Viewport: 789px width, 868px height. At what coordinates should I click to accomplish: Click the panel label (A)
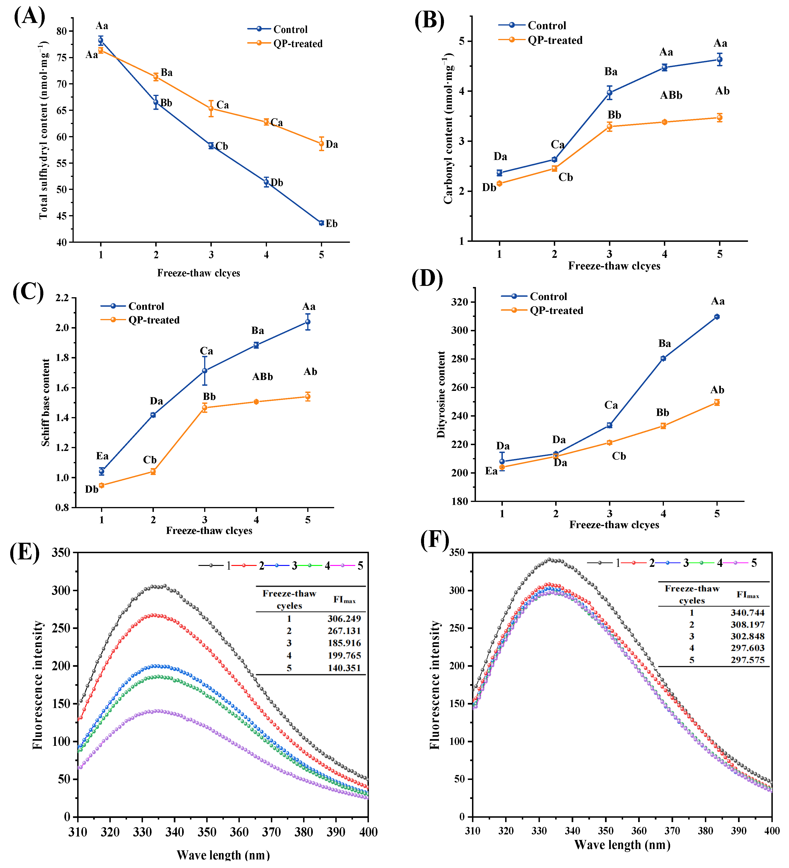tap(29, 17)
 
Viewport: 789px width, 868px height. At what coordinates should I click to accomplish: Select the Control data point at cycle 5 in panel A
tap(321, 223)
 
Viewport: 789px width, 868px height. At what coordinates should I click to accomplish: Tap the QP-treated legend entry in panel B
tap(555, 40)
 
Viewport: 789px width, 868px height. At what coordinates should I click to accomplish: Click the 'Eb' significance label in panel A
tap(331, 223)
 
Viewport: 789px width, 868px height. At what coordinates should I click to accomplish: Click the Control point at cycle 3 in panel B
tap(609, 93)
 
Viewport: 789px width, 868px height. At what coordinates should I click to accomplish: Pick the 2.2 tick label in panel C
tap(62, 298)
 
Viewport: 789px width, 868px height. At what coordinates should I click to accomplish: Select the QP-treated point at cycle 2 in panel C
tap(153, 472)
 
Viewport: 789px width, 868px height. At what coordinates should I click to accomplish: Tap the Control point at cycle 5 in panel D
tap(717, 317)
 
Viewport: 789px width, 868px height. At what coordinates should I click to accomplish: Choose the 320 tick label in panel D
tap(459, 302)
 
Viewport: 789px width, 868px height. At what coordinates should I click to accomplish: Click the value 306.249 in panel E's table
tap(344, 619)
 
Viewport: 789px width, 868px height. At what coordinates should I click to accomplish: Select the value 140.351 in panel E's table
tap(344, 668)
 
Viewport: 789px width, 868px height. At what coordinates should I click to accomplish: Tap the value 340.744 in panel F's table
tap(747, 613)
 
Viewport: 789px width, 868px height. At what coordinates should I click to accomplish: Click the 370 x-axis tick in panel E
tap(271, 832)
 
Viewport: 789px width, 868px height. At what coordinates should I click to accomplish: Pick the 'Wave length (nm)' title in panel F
tap(622, 845)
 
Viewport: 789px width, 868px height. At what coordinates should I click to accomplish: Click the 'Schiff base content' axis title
tap(46, 402)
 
